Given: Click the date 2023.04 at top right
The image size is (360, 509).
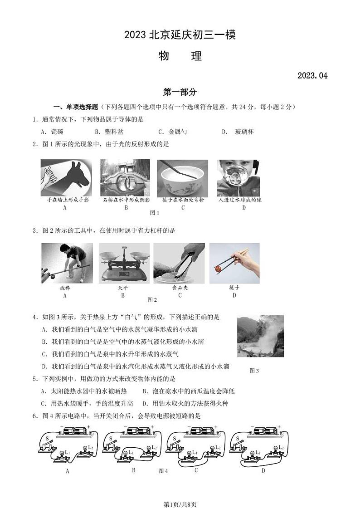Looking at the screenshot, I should coord(312,76).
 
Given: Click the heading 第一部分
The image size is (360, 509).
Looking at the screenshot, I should coord(180,92).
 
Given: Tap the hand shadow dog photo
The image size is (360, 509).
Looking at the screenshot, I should coord(66,177).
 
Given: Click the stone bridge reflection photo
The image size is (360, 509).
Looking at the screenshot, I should coord(125,177).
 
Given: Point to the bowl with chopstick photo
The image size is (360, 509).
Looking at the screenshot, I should coord(182,177).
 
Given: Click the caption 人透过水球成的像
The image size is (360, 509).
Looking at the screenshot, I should coord(239,200).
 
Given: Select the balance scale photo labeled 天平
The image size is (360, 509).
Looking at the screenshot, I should coord(123,263).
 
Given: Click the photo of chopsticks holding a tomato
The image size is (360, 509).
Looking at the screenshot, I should coord(234,263).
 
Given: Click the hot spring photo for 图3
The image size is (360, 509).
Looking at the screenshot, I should coord(260,336).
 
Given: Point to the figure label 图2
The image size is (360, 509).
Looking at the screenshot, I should coord(152,300).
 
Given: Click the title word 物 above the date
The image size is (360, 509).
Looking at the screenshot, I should coord(164,56).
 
